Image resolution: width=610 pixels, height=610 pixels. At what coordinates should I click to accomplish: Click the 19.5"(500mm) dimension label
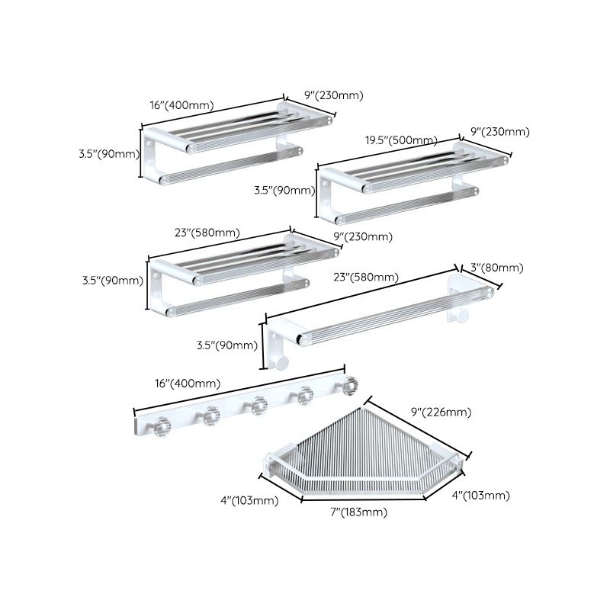click(x=400, y=140)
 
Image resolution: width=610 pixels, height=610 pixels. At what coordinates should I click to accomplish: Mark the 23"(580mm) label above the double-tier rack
click(x=207, y=232)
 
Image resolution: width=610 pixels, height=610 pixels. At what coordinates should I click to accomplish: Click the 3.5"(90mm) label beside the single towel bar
click(x=226, y=345)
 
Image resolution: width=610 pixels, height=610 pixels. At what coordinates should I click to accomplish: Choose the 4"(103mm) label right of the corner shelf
click(x=480, y=496)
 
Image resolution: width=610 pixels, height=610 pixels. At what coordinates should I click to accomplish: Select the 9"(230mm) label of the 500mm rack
click(x=500, y=132)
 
